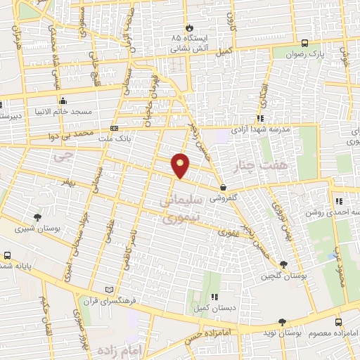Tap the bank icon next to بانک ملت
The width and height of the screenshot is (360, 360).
tap(115, 128)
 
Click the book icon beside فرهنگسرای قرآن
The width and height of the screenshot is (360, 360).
tap(108, 289)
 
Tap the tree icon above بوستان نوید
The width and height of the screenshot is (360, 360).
tap(282, 321)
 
